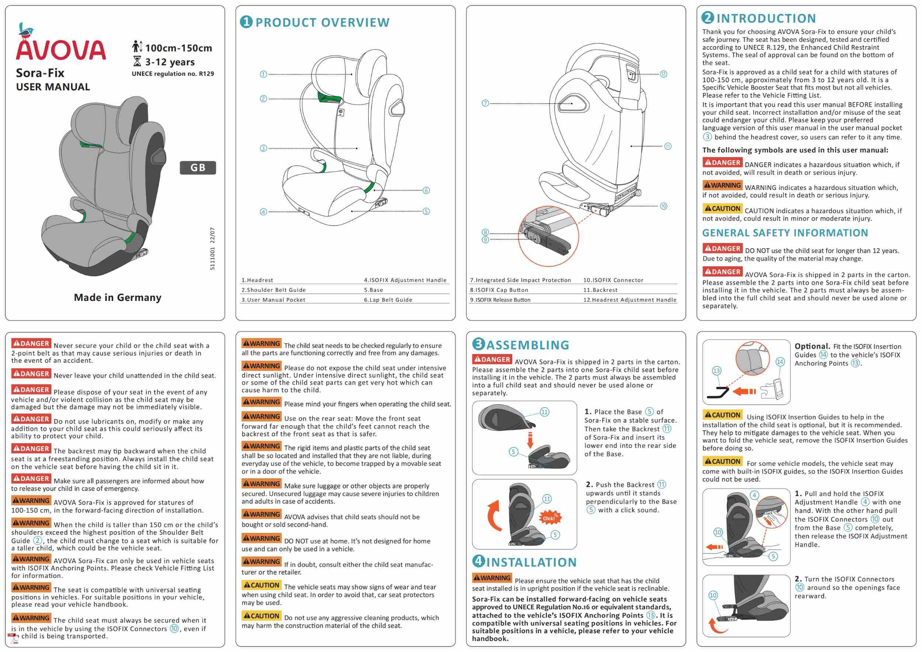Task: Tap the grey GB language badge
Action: pos(198,167)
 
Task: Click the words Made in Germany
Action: pos(118,298)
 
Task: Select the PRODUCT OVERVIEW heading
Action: pos(315,22)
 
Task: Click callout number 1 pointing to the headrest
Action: pos(263,74)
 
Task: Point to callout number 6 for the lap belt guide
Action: pos(426,190)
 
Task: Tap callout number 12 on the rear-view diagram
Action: pos(663,74)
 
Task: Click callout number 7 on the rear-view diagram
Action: pos(485,103)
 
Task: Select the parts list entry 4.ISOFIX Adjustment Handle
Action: pos(405,280)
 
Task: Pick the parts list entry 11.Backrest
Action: pos(600,290)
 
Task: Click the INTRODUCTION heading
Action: pos(759,18)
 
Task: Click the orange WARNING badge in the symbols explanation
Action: pos(722,185)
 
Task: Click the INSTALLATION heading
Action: pos(524,562)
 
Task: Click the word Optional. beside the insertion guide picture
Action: pos(812,346)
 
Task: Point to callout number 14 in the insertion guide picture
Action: pos(780,362)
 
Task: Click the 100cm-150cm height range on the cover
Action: pos(178,48)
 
